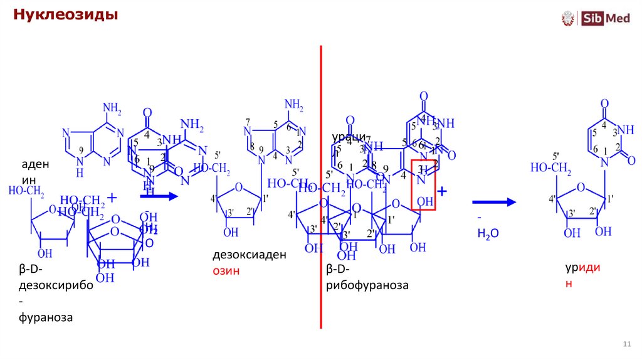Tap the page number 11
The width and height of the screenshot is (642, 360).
click(626, 344)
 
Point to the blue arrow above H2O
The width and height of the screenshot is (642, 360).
click(493, 201)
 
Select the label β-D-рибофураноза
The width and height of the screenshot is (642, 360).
click(367, 278)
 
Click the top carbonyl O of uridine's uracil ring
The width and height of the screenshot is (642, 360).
click(604, 103)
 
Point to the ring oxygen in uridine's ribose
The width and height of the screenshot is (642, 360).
click(582, 186)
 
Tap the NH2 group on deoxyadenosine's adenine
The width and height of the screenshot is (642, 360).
click(293, 105)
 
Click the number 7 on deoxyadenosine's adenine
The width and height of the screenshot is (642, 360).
click(248, 121)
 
